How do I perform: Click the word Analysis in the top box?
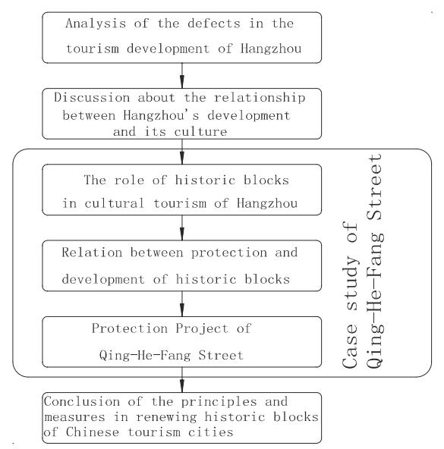click(96, 24)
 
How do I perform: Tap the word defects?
click(214, 24)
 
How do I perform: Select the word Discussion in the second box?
click(92, 98)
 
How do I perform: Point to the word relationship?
click(260, 99)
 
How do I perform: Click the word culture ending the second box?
click(200, 132)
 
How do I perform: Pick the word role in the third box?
click(129, 180)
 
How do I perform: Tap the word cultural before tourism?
click(114, 203)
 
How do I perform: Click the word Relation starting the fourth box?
click(92, 253)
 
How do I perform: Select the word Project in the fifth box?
click(202, 329)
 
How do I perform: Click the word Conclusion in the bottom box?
click(82, 401)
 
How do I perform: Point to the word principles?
click(219, 402)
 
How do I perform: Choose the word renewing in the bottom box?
click(166, 417)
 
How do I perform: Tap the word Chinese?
click(93, 432)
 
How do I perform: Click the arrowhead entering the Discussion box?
click(182, 81)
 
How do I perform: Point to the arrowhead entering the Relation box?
click(182, 234)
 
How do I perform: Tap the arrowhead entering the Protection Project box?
click(182, 309)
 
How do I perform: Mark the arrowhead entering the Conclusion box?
click(182, 386)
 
